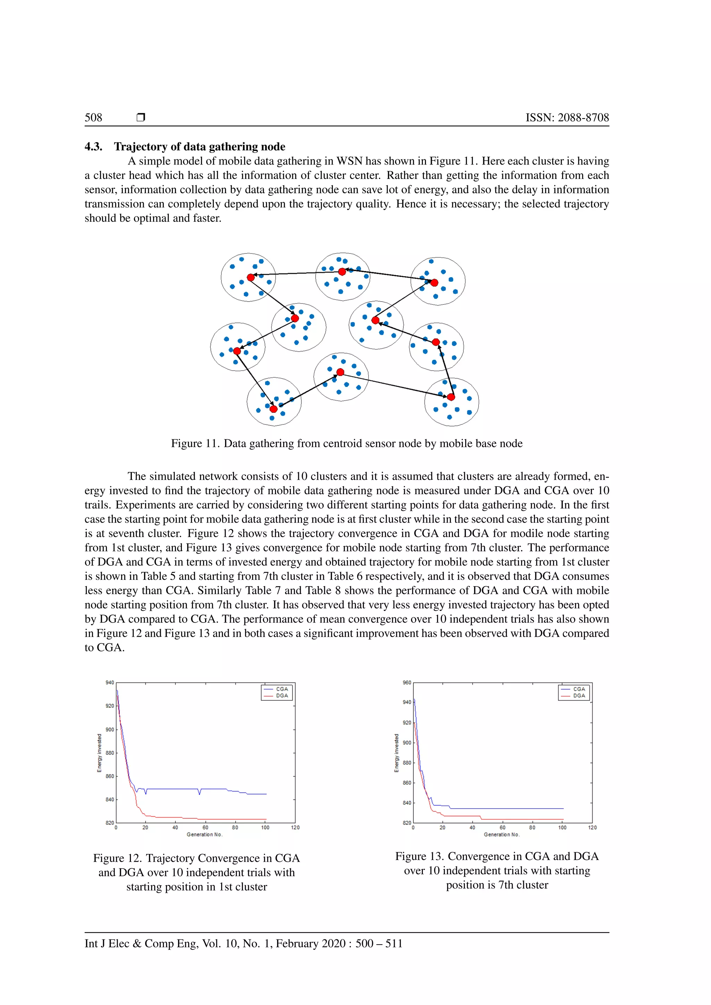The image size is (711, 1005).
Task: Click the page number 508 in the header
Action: [93, 117]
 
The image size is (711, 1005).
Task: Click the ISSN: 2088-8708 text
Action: [567, 117]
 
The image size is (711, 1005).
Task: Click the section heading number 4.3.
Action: [93, 147]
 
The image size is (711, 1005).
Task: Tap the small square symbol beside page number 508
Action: [141, 117]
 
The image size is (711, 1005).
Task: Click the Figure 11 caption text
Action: [346, 444]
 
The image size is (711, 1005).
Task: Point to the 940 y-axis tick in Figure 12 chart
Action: [109, 682]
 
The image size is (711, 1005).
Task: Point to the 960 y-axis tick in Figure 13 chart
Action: [407, 682]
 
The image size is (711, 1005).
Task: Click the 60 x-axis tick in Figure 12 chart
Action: [205, 827]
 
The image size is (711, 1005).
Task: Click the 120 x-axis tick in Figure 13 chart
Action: [592, 827]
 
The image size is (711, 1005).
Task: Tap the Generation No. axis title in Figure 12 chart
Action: [204, 834]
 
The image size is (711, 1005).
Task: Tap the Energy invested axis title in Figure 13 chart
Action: [397, 753]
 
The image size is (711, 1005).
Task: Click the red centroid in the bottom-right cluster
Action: [451, 397]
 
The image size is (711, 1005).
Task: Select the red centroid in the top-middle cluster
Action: [342, 272]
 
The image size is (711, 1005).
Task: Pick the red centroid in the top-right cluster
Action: [434, 283]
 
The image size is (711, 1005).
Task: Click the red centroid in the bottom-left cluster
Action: [273, 409]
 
